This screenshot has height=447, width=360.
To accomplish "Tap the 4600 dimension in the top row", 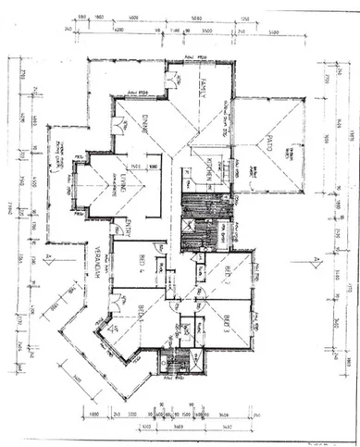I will [x=133, y=17].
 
